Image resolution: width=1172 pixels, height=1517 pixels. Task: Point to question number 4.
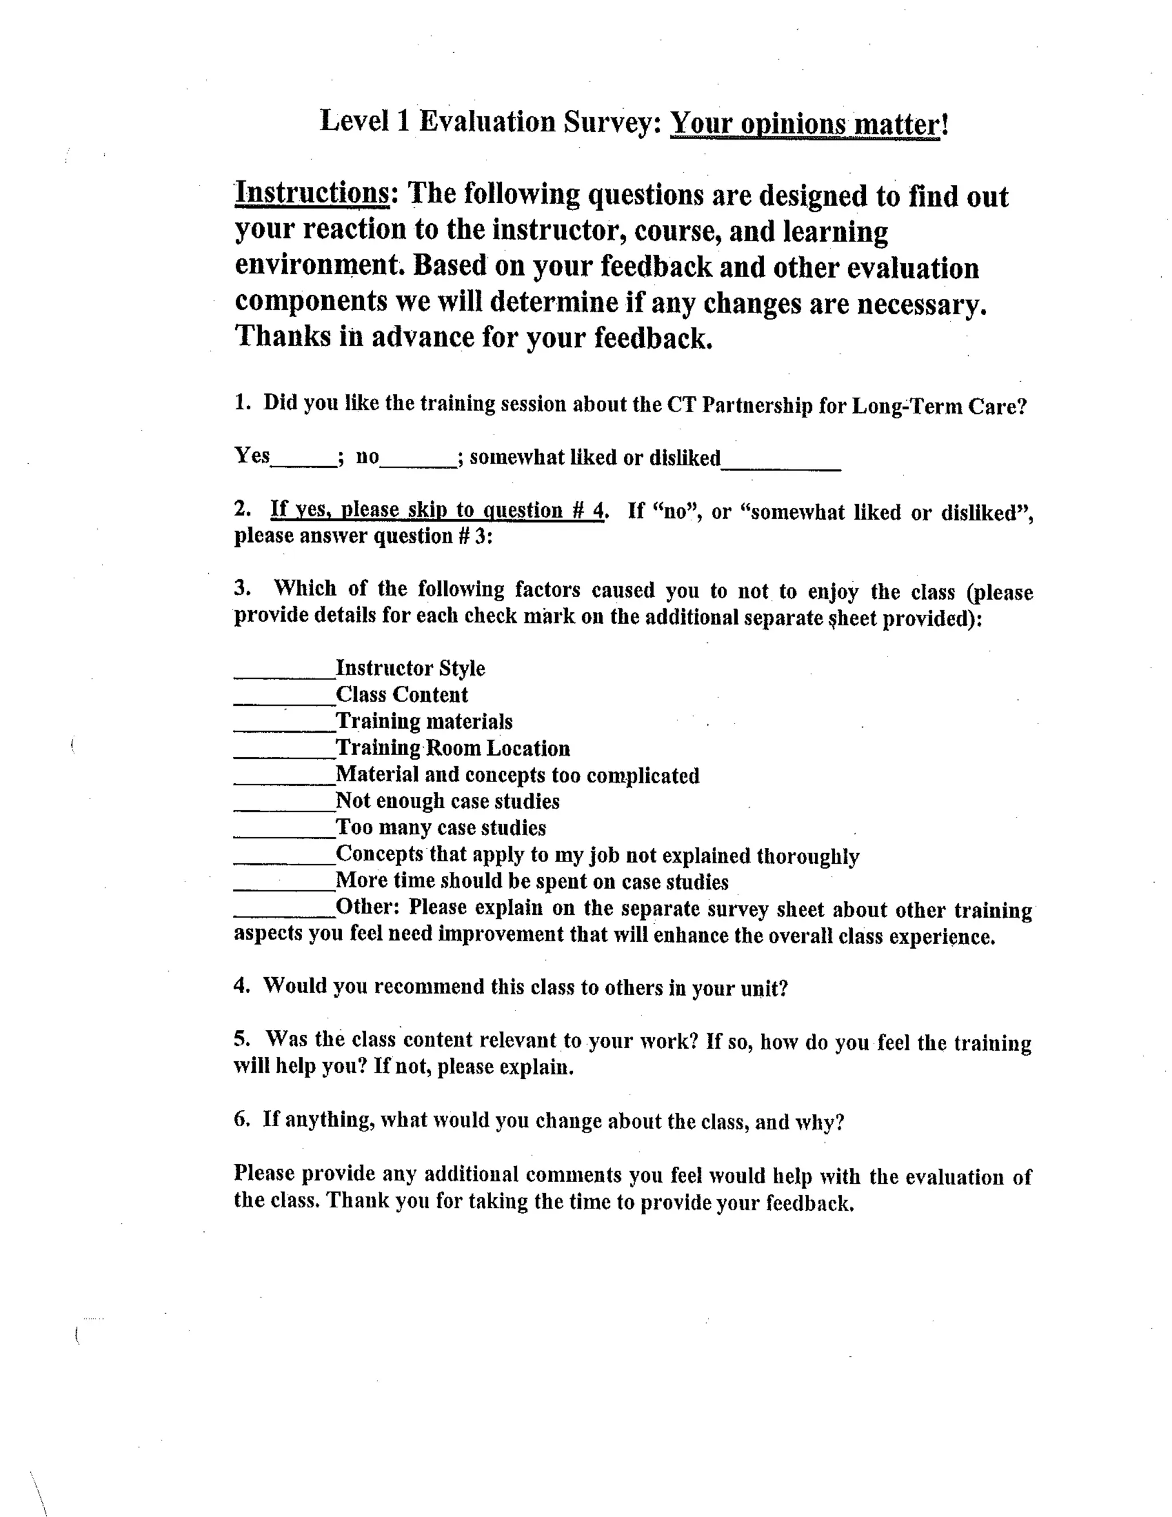tap(241, 986)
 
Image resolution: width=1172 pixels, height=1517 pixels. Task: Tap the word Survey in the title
tap(608, 123)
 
